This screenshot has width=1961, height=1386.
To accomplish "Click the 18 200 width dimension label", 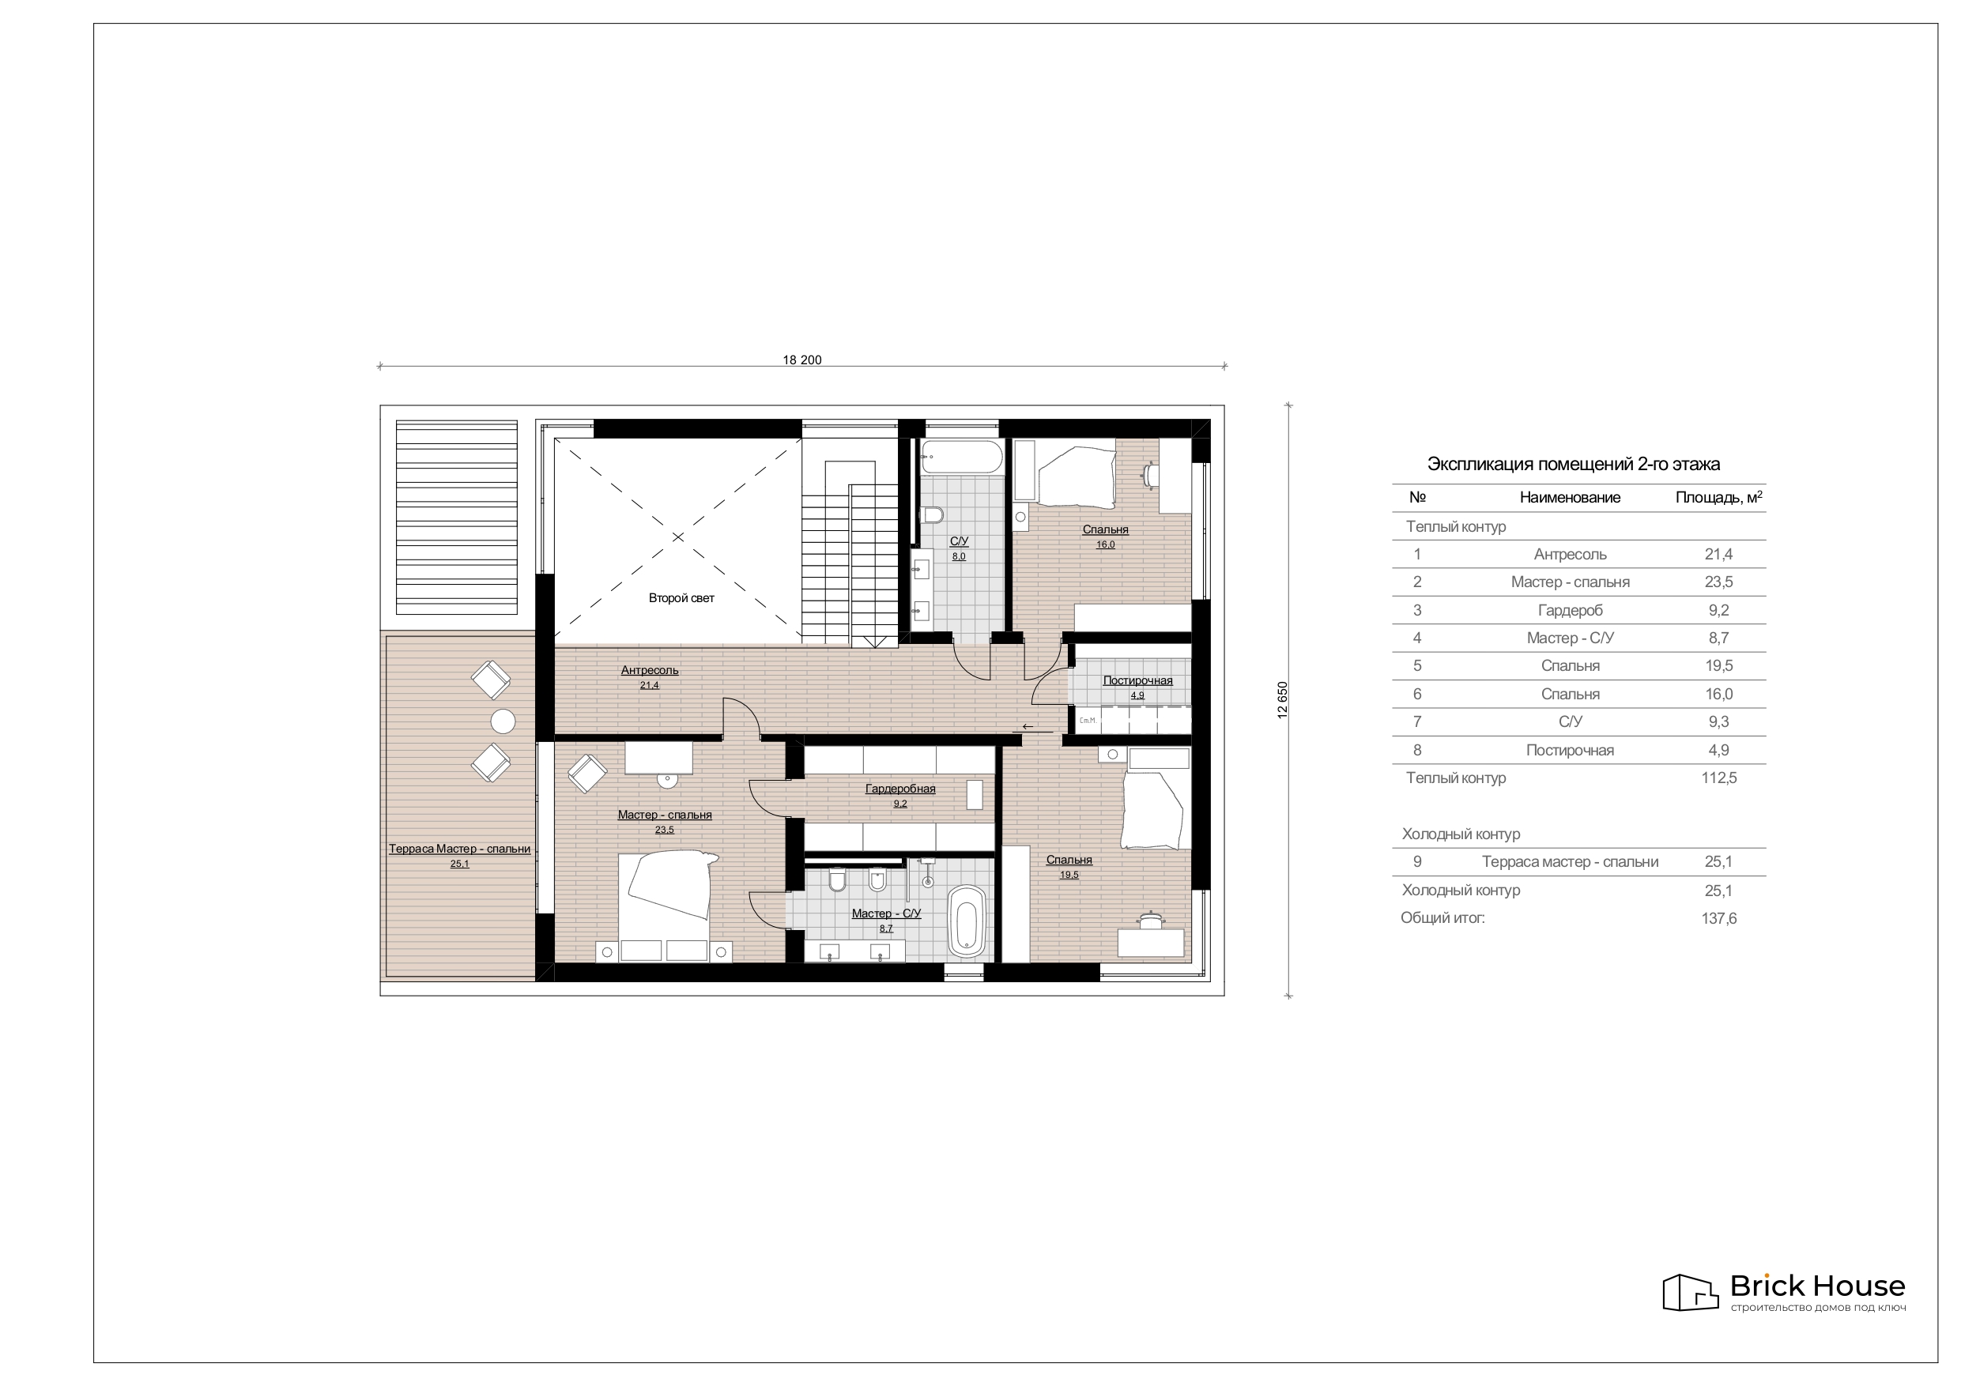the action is tap(802, 360).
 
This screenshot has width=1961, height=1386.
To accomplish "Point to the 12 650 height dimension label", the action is tap(1282, 700).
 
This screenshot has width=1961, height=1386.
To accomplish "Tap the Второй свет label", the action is tap(681, 598).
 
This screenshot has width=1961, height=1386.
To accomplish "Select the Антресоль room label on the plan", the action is tap(650, 670).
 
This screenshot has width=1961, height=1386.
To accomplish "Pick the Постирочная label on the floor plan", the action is tap(1137, 680).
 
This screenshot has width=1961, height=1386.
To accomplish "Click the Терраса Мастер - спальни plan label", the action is tap(459, 849).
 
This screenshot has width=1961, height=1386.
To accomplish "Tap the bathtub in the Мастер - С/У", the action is tap(967, 920).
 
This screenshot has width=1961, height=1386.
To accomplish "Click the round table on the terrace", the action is tap(503, 721).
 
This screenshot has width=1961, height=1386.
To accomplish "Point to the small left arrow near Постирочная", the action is tap(1028, 727).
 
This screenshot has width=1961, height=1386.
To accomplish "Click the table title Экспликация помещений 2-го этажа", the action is tap(1573, 465).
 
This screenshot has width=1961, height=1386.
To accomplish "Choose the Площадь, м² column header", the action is tap(1718, 497).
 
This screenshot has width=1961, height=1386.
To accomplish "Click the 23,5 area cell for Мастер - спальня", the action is tap(1718, 582).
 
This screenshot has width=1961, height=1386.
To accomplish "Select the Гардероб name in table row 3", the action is tap(1570, 611).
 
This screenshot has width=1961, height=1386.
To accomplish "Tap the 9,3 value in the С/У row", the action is tap(1718, 722).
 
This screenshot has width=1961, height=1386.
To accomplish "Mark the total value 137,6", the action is tap(1718, 919).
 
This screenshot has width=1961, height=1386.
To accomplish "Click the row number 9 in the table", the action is tap(1417, 861).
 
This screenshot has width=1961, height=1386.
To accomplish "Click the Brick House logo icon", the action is tap(1690, 1292).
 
